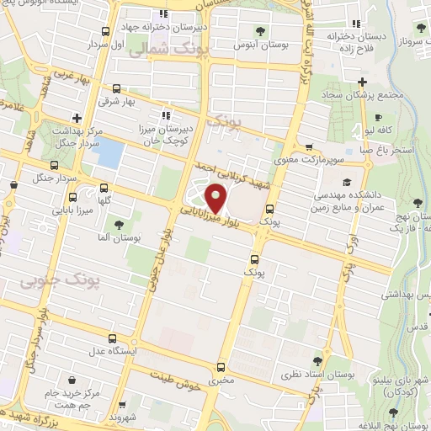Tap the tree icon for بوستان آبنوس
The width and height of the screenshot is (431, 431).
click(258, 31)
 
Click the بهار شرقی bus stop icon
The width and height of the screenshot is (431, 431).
click(115, 88)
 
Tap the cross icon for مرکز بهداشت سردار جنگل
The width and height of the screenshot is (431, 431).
click(77, 118)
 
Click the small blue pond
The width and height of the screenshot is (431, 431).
click(111, 154)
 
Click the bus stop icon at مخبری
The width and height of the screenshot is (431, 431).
click(221, 367)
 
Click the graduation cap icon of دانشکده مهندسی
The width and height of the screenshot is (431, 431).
click(346, 182)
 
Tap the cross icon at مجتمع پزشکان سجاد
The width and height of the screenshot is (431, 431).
click(362, 82)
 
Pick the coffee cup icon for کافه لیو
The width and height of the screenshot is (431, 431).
click(378, 117)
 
